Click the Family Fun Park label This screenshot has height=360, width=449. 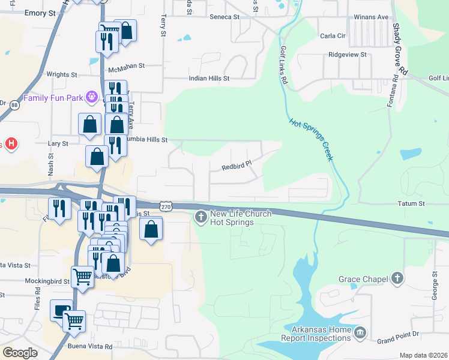[53, 97]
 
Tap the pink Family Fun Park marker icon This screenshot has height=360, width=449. [91, 96]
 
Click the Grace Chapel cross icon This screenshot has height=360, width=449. [396, 278]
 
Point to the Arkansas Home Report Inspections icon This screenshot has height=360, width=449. [360, 332]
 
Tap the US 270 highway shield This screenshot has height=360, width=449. [166, 206]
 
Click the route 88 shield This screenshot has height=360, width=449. [14, 104]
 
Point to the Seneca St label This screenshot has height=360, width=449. [224, 17]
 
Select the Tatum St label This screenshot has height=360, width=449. [411, 204]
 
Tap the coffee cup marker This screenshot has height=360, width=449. [60, 310]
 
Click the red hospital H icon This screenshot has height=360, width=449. [10, 144]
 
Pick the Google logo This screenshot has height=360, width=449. [20, 352]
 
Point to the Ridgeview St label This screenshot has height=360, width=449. [347, 55]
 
